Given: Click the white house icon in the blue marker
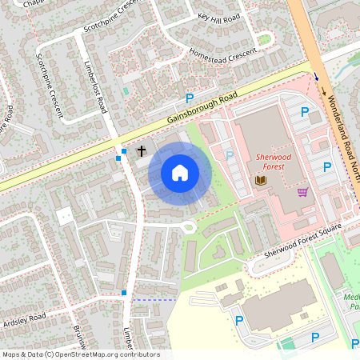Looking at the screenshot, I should tap(180, 172).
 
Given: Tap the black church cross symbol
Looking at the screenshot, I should tap(142, 150).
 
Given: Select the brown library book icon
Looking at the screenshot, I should tap(260, 181).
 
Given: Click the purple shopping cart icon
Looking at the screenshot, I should tap(302, 192).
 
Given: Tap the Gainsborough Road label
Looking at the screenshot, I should tap(203, 107).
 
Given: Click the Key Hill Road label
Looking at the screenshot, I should tap(218, 18).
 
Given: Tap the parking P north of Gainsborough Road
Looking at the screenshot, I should tap(190, 98).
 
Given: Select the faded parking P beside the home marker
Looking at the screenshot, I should tap(230, 155).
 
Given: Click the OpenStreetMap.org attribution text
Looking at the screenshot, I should tap(104, 354).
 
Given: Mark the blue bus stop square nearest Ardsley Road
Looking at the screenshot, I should tap(124, 293).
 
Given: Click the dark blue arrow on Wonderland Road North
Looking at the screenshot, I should tap(317, 78).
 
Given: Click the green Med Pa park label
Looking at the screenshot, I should tap(352, 300).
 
